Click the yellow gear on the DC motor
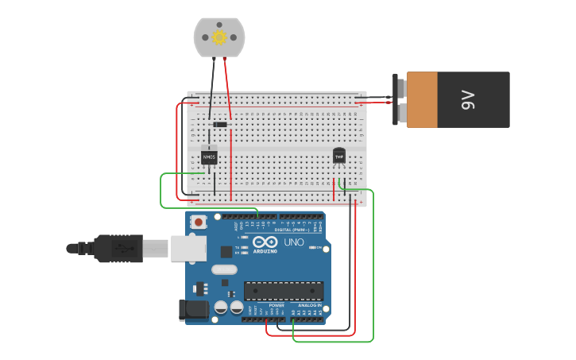click(219, 37)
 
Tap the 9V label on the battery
click(467, 99)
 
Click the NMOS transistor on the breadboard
click(209, 157)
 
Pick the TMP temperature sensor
click(339, 156)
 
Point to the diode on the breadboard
click(219, 124)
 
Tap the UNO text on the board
click(294, 242)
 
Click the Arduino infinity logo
click(266, 242)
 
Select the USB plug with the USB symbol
click(120, 248)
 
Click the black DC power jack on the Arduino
click(193, 310)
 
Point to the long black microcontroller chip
click(283, 291)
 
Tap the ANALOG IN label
click(310, 305)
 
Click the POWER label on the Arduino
click(276, 305)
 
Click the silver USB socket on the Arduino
click(188, 248)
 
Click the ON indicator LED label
click(319, 248)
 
